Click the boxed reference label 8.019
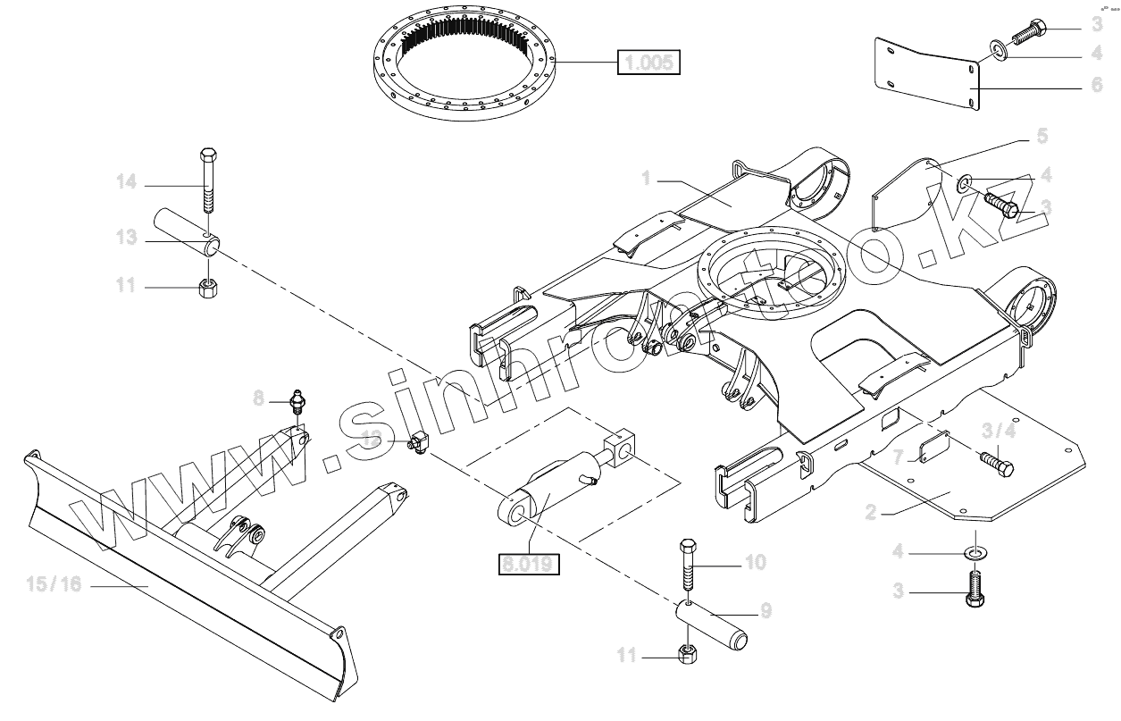(528, 564)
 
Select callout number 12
(372, 437)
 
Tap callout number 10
(756, 563)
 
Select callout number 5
(1042, 137)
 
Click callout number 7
(901, 457)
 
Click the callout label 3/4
(999, 430)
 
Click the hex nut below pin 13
(208, 288)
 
